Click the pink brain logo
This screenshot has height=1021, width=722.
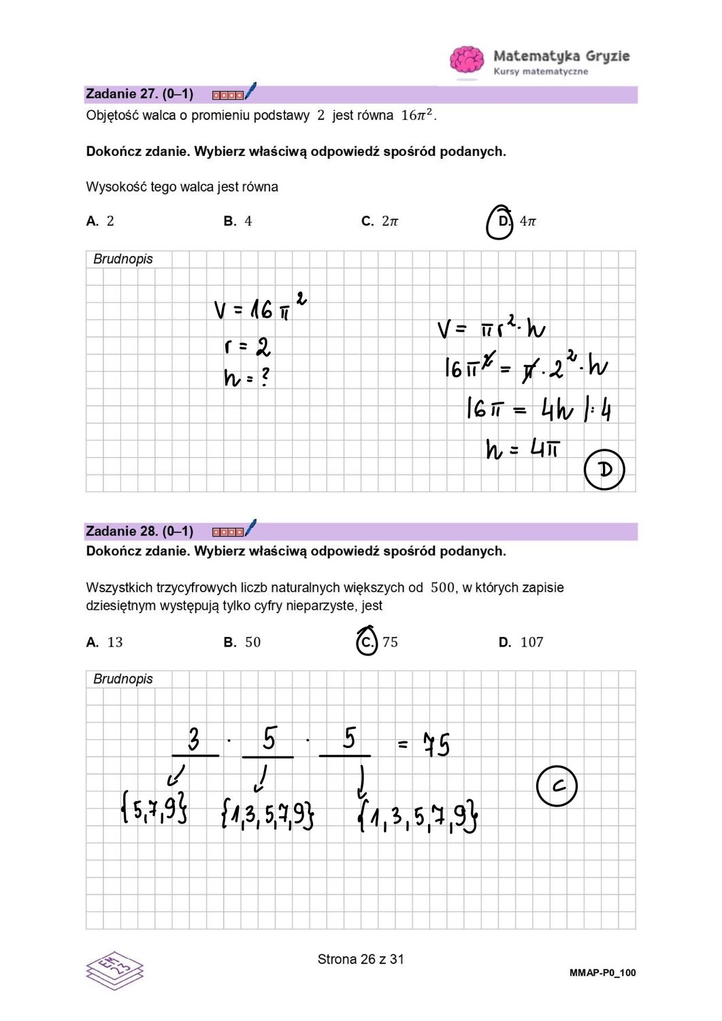pyautogui.click(x=467, y=61)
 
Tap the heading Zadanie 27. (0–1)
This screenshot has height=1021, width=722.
pyautogui.click(x=140, y=94)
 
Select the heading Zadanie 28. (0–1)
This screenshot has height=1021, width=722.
pyautogui.click(x=140, y=531)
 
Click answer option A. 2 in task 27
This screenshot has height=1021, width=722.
pyautogui.click(x=101, y=221)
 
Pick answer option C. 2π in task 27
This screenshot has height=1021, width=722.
pyautogui.click(x=380, y=221)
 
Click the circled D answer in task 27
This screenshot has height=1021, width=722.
pyautogui.click(x=501, y=222)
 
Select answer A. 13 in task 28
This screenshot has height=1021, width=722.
pyautogui.click(x=105, y=642)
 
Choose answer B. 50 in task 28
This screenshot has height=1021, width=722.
pyautogui.click(x=242, y=642)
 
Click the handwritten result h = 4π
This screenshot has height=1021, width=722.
pyautogui.click(x=523, y=449)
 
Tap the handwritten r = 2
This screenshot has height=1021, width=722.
pyautogui.click(x=247, y=347)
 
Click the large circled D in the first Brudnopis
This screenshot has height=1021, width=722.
pyautogui.click(x=604, y=469)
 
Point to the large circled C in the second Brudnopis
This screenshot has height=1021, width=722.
pyautogui.click(x=557, y=786)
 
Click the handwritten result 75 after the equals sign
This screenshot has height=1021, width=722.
pyautogui.click(x=436, y=744)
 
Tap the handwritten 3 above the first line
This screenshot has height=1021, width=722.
pyautogui.click(x=194, y=739)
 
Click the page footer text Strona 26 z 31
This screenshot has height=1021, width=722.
pyautogui.click(x=361, y=959)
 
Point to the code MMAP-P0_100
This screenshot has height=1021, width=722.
pyautogui.click(x=602, y=973)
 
